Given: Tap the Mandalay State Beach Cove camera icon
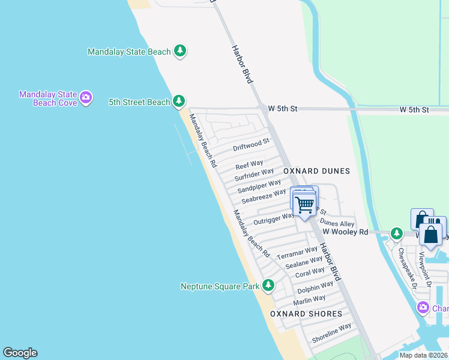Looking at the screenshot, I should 86,97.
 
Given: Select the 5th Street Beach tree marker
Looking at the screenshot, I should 178,102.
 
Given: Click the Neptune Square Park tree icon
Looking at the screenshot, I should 268,286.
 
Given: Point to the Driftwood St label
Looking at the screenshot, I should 251,146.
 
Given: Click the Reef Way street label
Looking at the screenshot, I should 249,164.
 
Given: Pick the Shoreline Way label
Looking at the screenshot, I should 331,334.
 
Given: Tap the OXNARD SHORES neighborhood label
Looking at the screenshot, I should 306,314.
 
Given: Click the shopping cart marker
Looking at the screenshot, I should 304,205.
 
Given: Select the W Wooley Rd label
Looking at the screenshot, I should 345,232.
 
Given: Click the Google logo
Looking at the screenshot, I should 20,353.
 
